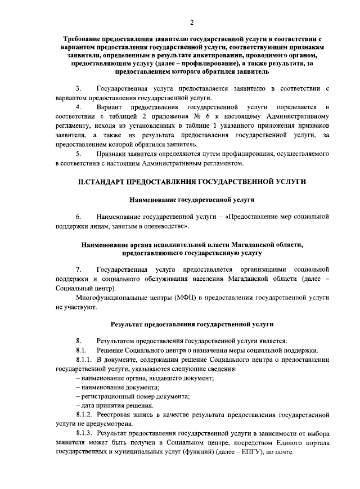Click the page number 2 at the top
point(192,22)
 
